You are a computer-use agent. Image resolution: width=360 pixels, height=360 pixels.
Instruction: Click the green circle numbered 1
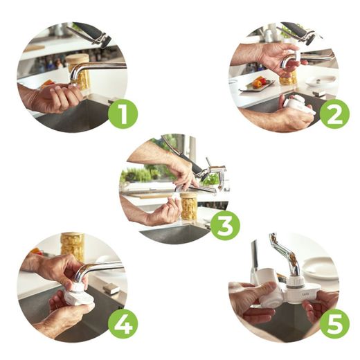click(123, 114)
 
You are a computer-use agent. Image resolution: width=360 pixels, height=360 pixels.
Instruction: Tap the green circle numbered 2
click(334, 114)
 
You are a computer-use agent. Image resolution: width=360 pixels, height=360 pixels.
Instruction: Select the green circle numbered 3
click(226, 225)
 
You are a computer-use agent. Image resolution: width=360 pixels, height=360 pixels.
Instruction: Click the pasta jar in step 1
click(78, 71)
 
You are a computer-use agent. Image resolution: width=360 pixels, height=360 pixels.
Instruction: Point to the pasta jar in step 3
click(189, 206)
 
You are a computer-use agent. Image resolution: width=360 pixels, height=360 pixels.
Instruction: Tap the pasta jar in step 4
click(73, 247)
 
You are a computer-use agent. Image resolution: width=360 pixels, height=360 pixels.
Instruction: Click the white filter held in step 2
click(299, 105)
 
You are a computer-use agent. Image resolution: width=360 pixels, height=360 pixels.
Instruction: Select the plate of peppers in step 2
click(258, 84)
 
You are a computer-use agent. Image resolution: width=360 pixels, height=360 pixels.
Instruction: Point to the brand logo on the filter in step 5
click(304, 294)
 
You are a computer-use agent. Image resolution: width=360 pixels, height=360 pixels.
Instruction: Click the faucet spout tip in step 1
click(73, 84)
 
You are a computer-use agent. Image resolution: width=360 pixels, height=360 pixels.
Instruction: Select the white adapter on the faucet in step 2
click(296, 57)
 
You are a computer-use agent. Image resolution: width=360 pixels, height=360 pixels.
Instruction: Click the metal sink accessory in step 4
click(111, 289)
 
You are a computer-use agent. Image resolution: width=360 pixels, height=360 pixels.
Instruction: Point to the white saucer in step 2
click(321, 80)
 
